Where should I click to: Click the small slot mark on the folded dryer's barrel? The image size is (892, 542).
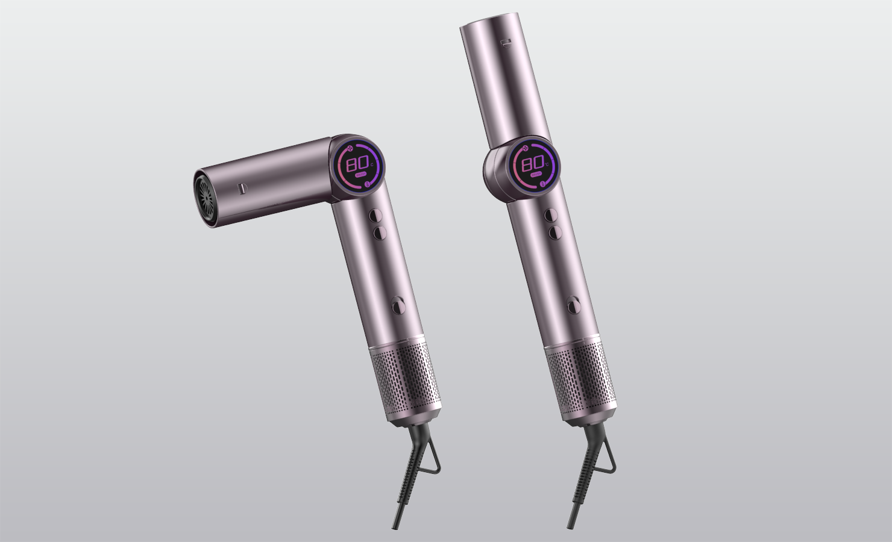pos(242,188)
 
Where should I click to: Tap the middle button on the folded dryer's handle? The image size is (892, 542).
pos(380,231)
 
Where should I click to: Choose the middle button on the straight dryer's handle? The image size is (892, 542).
pos(555,232)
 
